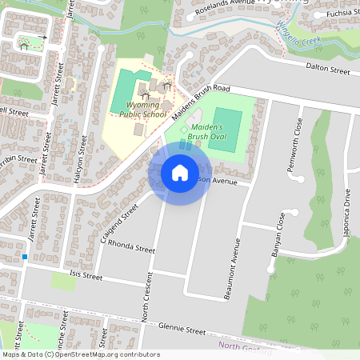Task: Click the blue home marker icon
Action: pos(179,173)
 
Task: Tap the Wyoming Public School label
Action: pos(143,110)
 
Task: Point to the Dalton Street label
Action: pos(328,70)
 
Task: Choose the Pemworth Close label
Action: pos(298,137)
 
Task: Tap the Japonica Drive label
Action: pos(347,210)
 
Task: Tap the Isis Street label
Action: pos(86,277)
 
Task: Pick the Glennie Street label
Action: pos(182,329)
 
